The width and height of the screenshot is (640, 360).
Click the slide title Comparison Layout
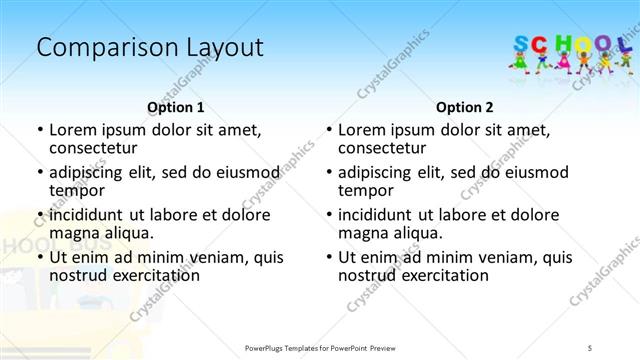[x=150, y=47]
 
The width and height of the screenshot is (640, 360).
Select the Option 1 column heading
[x=176, y=107]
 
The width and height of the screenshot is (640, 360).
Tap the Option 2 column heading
[x=465, y=107]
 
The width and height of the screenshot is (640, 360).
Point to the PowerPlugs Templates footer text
[x=321, y=347]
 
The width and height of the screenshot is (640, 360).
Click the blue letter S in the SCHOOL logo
[x=521, y=43]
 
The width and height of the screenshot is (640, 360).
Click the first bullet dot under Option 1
[x=39, y=130]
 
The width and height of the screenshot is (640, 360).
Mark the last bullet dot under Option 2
[x=328, y=257]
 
